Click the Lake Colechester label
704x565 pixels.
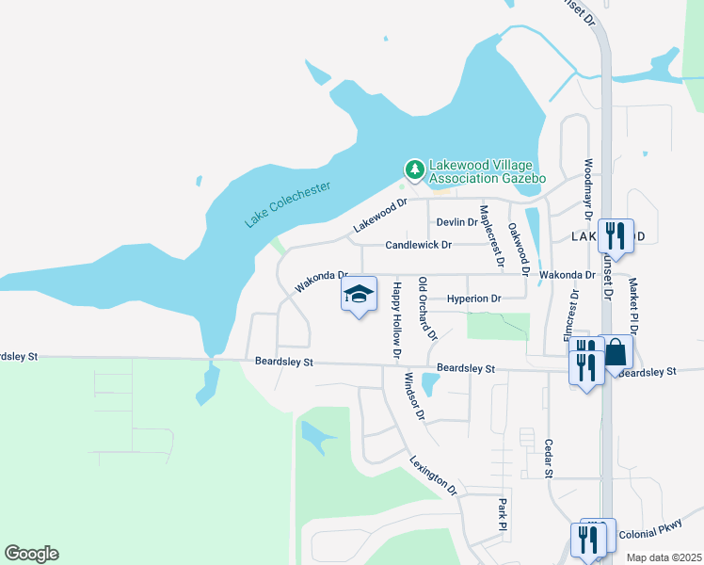(288, 204)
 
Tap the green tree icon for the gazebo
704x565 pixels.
(413, 169)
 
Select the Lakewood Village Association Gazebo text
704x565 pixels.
(487, 170)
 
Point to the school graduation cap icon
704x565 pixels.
(358, 295)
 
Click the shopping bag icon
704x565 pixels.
(616, 353)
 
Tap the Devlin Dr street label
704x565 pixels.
(457, 222)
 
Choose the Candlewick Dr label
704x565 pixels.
(420, 245)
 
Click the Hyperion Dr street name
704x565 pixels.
(473, 299)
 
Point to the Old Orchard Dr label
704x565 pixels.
(427, 309)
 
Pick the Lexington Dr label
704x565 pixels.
(433, 476)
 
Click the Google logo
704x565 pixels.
(31, 554)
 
